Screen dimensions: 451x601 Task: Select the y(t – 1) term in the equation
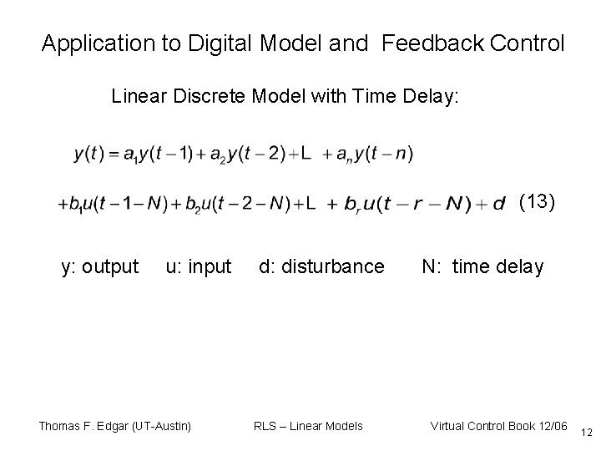pos(172,154)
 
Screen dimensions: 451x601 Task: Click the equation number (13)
pos(536,202)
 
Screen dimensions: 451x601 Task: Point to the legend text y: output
pos(100,267)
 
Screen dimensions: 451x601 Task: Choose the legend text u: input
pos(198,267)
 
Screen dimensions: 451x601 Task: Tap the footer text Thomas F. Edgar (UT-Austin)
pos(115,426)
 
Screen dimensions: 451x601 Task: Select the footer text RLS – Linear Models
pos(308,426)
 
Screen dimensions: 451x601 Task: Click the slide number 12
pos(587,431)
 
